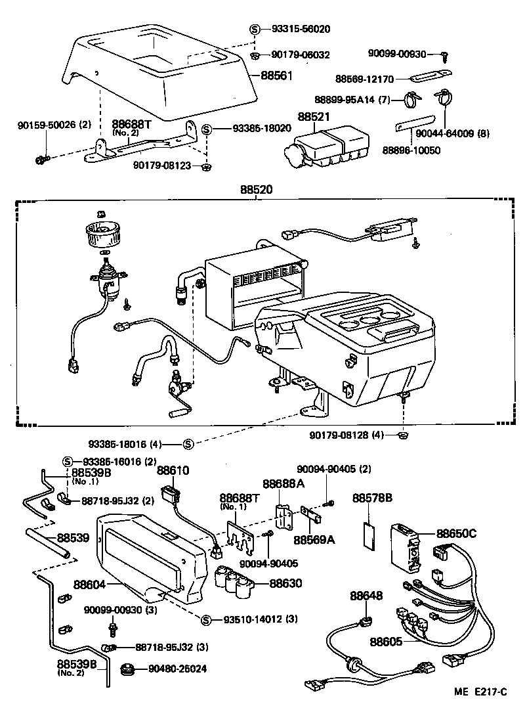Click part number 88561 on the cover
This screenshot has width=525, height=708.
click(x=276, y=76)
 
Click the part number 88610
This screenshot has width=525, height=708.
click(x=173, y=470)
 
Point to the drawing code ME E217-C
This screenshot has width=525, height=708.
click(x=480, y=692)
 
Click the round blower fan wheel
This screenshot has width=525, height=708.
click(x=102, y=233)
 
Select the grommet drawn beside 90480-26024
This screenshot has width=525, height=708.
click(x=127, y=669)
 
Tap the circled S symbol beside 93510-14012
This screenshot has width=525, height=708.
click(x=205, y=619)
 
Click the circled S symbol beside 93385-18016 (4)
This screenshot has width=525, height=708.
click(x=188, y=444)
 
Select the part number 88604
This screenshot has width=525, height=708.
click(x=88, y=583)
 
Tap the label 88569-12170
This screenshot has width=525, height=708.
click(x=364, y=79)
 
